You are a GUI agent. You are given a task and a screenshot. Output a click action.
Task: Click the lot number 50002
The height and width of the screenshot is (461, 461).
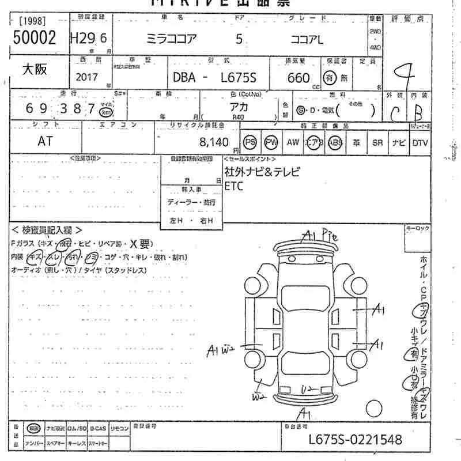34,38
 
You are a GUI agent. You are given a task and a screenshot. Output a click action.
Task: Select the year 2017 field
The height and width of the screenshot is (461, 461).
86,77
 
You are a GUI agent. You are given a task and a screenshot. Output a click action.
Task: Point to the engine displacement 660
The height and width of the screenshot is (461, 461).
298,78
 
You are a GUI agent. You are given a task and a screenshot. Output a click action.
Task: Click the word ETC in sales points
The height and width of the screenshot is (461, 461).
233,186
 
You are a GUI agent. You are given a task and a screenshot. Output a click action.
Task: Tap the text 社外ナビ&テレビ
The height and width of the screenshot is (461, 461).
262,172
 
